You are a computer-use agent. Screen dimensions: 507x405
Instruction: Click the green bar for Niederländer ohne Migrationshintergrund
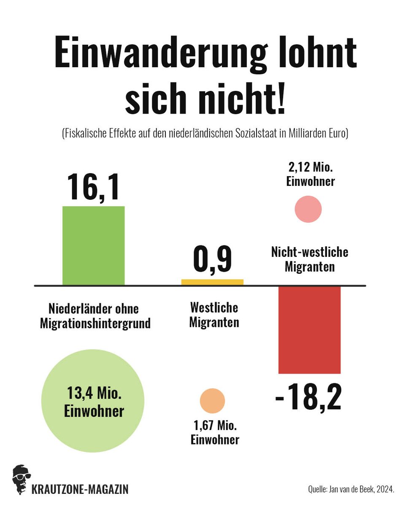(93, 245)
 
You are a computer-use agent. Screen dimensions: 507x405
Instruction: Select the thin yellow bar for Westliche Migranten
(212, 282)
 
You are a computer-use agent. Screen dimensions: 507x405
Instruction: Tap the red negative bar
(309, 330)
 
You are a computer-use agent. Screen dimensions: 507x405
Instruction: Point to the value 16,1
(93, 186)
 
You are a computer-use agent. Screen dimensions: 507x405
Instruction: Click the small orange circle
(212, 401)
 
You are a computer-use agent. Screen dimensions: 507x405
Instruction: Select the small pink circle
(308, 209)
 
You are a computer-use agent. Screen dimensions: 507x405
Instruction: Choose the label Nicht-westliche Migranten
(309, 259)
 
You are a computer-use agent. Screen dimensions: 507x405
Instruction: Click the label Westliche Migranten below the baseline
(214, 315)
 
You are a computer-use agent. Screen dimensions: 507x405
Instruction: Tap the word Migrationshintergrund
(95, 324)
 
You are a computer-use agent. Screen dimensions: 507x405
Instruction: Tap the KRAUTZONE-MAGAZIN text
(80, 490)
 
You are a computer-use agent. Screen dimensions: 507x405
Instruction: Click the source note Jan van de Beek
(351, 490)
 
